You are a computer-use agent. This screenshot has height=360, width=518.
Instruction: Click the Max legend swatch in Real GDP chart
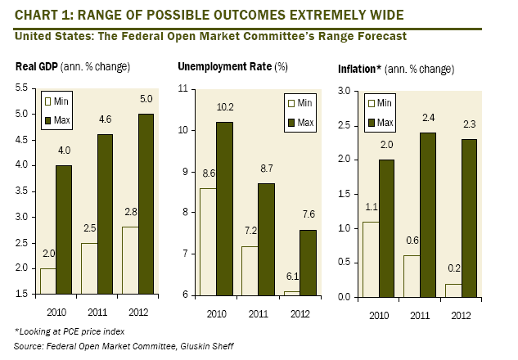tap(47, 122)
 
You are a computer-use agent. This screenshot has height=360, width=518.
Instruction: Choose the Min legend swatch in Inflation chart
tap(373, 104)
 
